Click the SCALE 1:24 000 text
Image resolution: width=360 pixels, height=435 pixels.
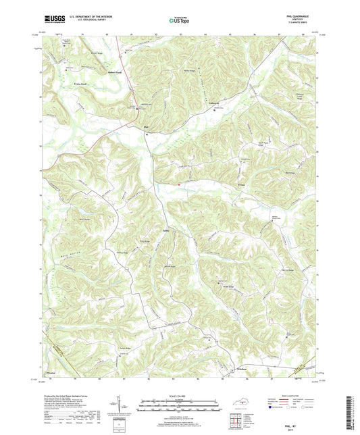(180, 396)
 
